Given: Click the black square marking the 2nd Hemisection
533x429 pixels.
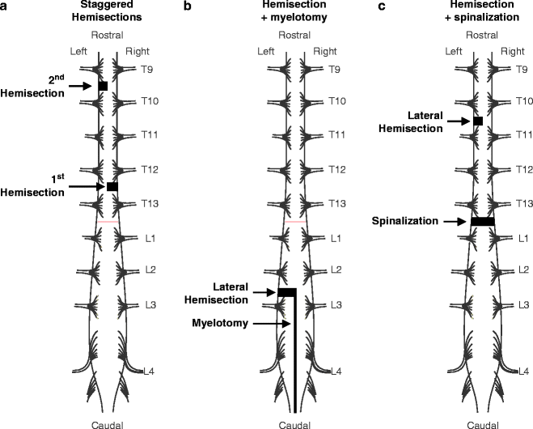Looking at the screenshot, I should tap(103, 85).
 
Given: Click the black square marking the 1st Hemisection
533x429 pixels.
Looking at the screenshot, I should tap(112, 187).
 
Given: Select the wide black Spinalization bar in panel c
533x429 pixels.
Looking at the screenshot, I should tap(482, 221).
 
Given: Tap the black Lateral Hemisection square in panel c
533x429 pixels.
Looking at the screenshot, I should tap(478, 121).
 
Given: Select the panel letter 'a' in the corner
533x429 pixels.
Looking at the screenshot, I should tap(6, 6).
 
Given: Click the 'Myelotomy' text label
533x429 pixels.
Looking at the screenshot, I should tap(218, 324).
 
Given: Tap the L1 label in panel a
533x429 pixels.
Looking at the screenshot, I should tap(150, 240).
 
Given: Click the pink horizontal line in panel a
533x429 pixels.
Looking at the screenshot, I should tap(108, 221).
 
